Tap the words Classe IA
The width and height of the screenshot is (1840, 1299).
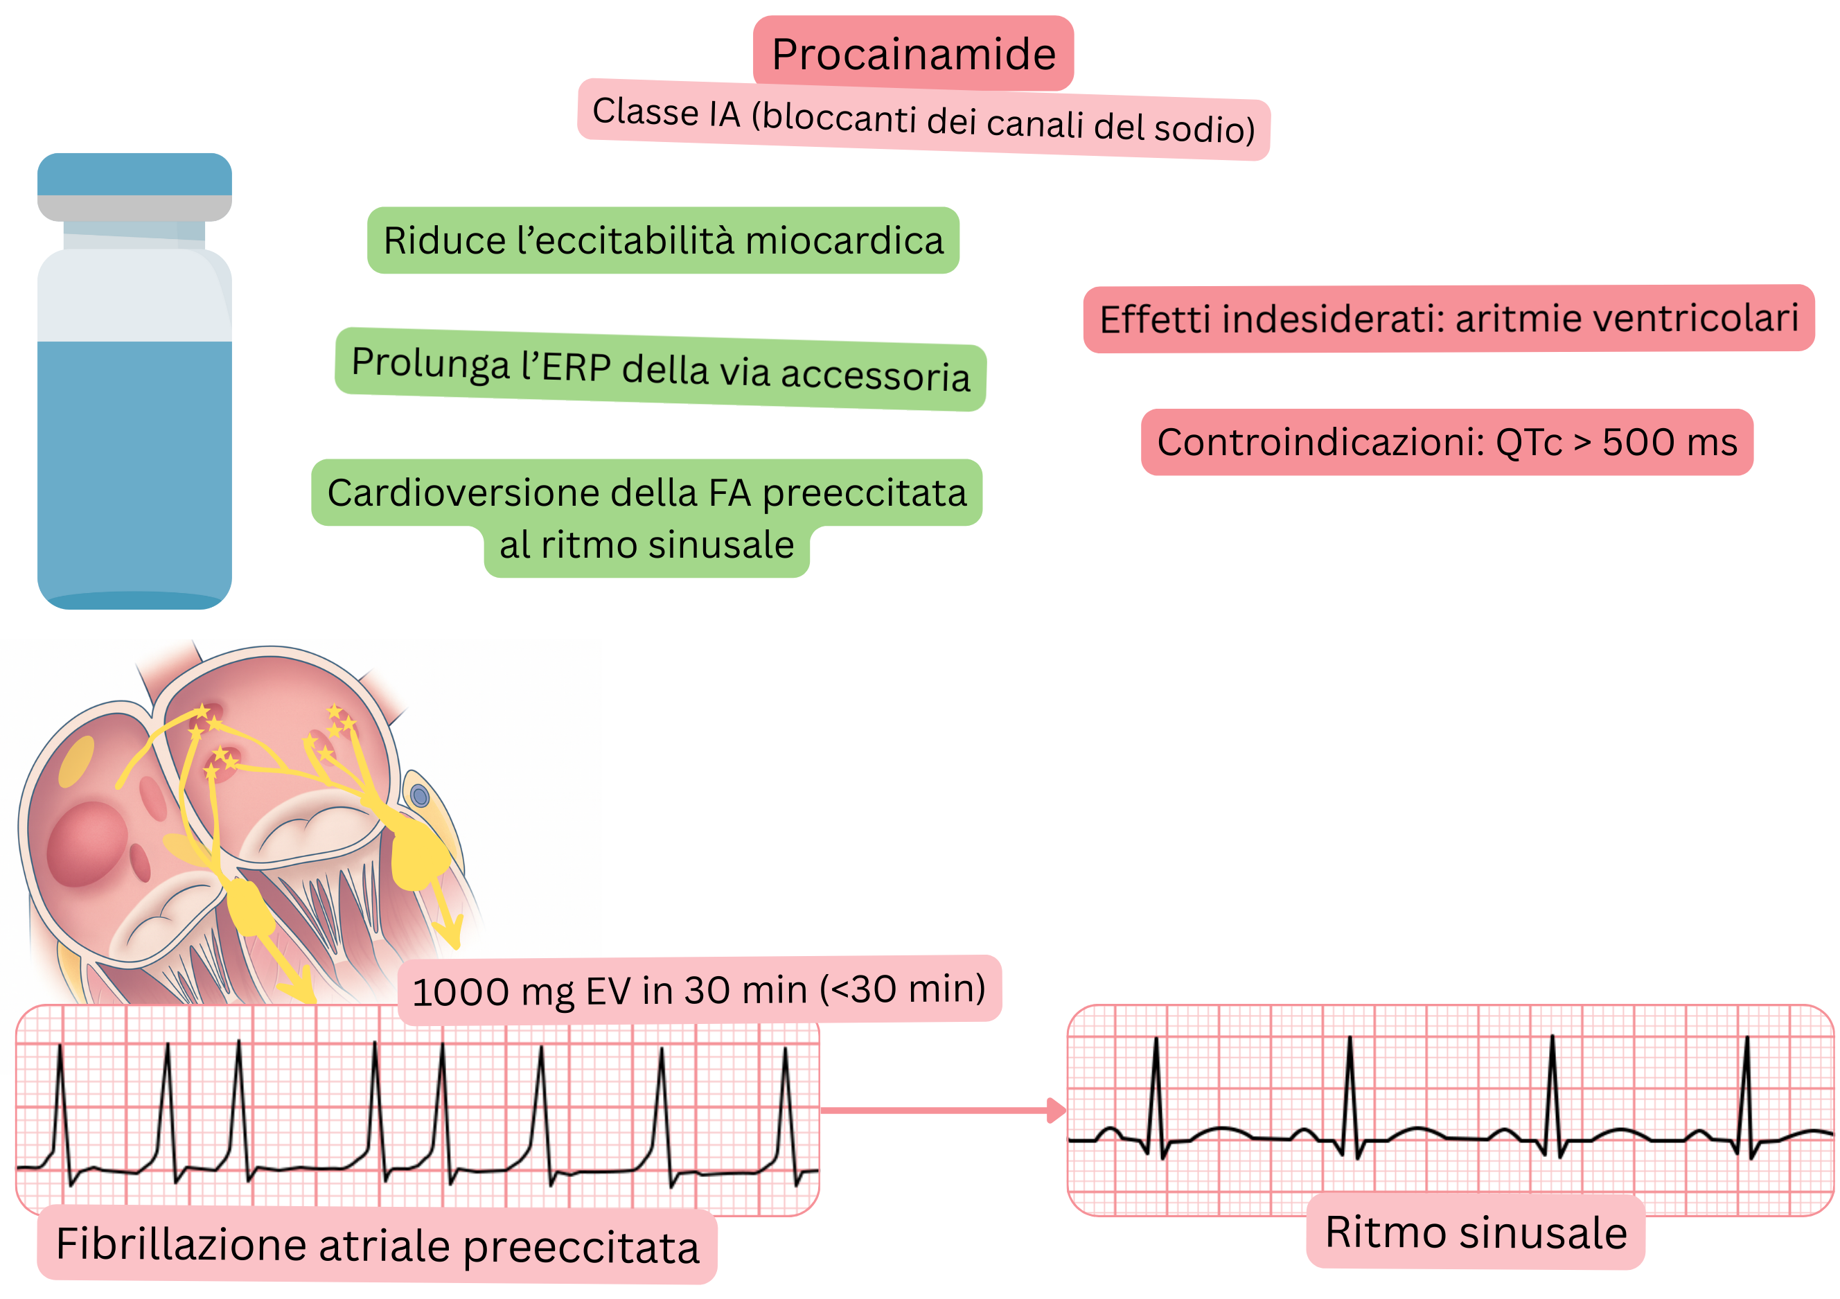pos(666,112)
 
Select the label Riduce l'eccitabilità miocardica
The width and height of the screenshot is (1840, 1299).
pos(663,240)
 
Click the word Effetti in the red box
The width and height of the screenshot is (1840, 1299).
pos(1154,319)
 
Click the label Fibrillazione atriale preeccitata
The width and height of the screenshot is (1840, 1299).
pos(377,1246)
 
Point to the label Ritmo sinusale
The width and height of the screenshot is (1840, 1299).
pos(1476,1232)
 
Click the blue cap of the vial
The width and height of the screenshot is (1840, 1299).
pos(134,174)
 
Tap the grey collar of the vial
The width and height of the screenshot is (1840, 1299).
pos(134,208)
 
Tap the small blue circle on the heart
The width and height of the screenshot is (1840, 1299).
pos(419,796)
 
